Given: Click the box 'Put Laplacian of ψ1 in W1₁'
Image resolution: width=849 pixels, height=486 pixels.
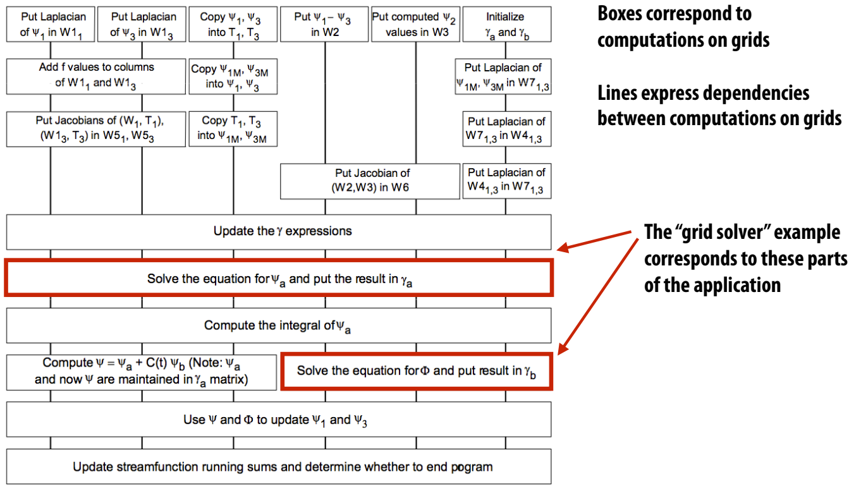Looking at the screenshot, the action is click(x=51, y=24).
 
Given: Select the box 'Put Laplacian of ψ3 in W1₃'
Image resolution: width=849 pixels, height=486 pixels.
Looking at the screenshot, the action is click(x=142, y=24).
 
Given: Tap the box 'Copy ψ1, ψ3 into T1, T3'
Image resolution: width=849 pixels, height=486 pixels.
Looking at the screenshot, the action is click(x=233, y=24).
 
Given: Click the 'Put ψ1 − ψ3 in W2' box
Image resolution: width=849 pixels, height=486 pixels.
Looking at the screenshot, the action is click(x=324, y=24).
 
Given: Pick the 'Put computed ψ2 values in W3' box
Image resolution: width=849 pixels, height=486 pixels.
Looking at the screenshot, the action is click(x=416, y=24).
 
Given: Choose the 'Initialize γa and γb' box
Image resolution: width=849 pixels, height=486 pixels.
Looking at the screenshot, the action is click(x=507, y=24).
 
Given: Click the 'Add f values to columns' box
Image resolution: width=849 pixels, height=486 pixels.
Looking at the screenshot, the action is click(x=96, y=76).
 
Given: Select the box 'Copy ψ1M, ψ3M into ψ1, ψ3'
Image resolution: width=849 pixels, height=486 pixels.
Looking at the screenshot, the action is click(x=233, y=76).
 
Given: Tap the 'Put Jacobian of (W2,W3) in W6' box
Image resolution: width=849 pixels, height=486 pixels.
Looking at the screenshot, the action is click(x=370, y=181).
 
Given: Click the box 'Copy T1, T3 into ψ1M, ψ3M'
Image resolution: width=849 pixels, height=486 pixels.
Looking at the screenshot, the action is click(x=233, y=129).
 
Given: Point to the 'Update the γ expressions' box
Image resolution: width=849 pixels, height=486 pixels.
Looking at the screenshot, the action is click(x=279, y=232).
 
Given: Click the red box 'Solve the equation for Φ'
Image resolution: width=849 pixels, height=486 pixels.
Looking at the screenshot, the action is click(x=417, y=371).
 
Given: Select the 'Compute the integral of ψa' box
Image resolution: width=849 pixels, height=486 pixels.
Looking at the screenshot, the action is click(x=279, y=325).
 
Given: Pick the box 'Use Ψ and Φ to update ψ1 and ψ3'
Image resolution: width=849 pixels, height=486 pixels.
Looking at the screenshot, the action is click(x=279, y=420).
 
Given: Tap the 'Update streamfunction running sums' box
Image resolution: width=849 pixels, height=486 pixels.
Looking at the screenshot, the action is click(x=279, y=466).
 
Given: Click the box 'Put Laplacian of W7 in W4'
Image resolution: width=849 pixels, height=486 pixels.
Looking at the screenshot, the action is click(x=507, y=129).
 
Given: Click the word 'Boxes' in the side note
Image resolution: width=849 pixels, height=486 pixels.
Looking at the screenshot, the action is click(x=620, y=14).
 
